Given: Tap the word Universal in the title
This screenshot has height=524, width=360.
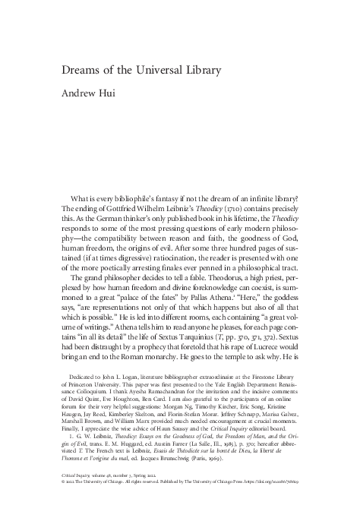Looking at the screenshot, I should tap(165, 71).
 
